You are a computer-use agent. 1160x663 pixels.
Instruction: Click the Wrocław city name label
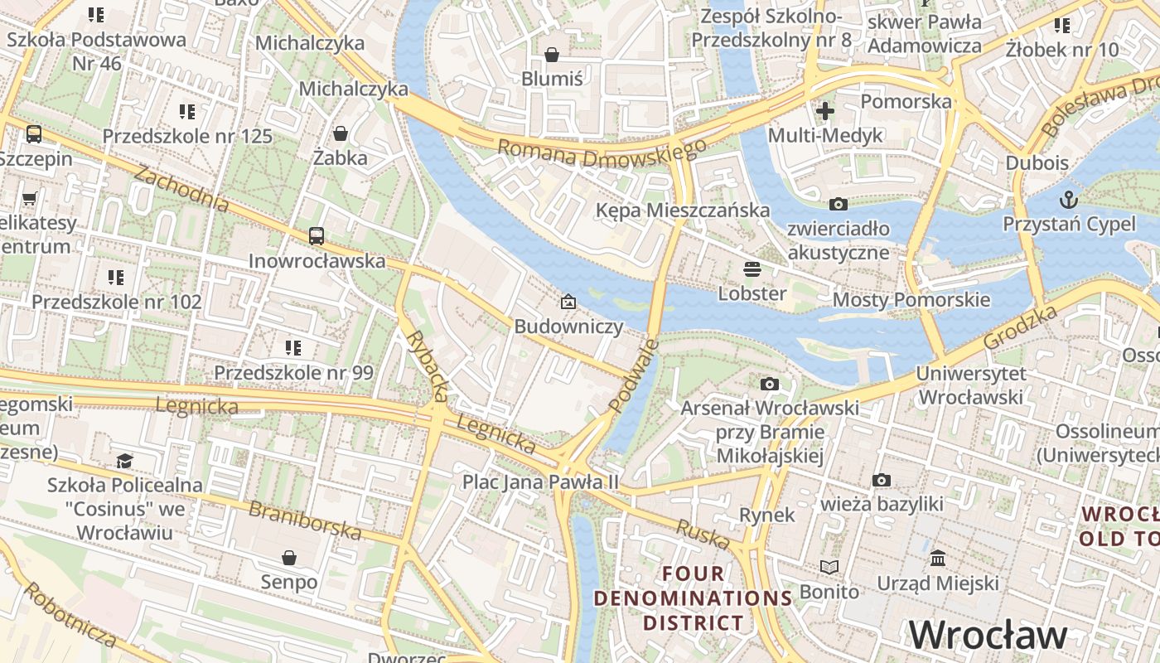tap(988, 635)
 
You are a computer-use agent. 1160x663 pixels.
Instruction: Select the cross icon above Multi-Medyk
tap(825, 110)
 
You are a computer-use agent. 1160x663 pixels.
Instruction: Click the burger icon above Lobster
tap(752, 269)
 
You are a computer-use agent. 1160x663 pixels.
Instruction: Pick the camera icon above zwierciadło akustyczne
tap(839, 204)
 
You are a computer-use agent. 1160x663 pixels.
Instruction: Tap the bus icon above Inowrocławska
tap(317, 235)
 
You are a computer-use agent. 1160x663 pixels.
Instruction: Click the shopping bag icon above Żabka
tap(340, 133)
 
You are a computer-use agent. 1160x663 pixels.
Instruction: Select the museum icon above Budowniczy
tap(568, 302)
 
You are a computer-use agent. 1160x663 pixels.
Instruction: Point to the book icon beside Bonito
tap(829, 567)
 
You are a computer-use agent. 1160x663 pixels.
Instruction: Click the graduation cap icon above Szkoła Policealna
tap(124, 460)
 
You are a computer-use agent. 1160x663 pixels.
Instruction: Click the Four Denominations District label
tap(694, 598)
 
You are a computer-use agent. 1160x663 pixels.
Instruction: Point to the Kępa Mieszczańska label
tap(683, 211)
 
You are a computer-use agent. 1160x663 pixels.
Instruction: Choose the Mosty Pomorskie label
tap(911, 300)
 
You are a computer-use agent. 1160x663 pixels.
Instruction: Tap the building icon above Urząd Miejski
tap(938, 559)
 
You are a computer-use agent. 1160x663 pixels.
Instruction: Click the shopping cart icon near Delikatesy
tap(30, 198)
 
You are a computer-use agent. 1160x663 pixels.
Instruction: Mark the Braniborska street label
tap(305, 520)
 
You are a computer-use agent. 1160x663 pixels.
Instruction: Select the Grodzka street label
tap(1021, 327)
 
